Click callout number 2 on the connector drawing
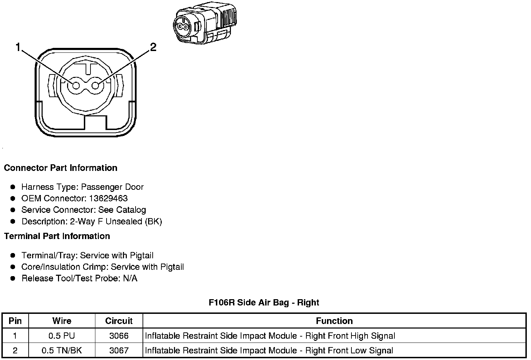153,47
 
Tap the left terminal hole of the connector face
75,85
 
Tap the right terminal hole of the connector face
96,85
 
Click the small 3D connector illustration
203,24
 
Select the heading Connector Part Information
60,168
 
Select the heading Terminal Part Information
57,236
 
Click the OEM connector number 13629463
108,198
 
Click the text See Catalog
122,210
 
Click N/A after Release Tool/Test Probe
130,278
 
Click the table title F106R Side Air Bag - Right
264,302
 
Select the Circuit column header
119,321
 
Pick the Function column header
334,321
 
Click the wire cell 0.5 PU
62,336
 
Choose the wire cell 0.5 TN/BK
62,350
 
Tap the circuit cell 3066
119,336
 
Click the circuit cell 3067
119,350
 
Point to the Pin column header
15,321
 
